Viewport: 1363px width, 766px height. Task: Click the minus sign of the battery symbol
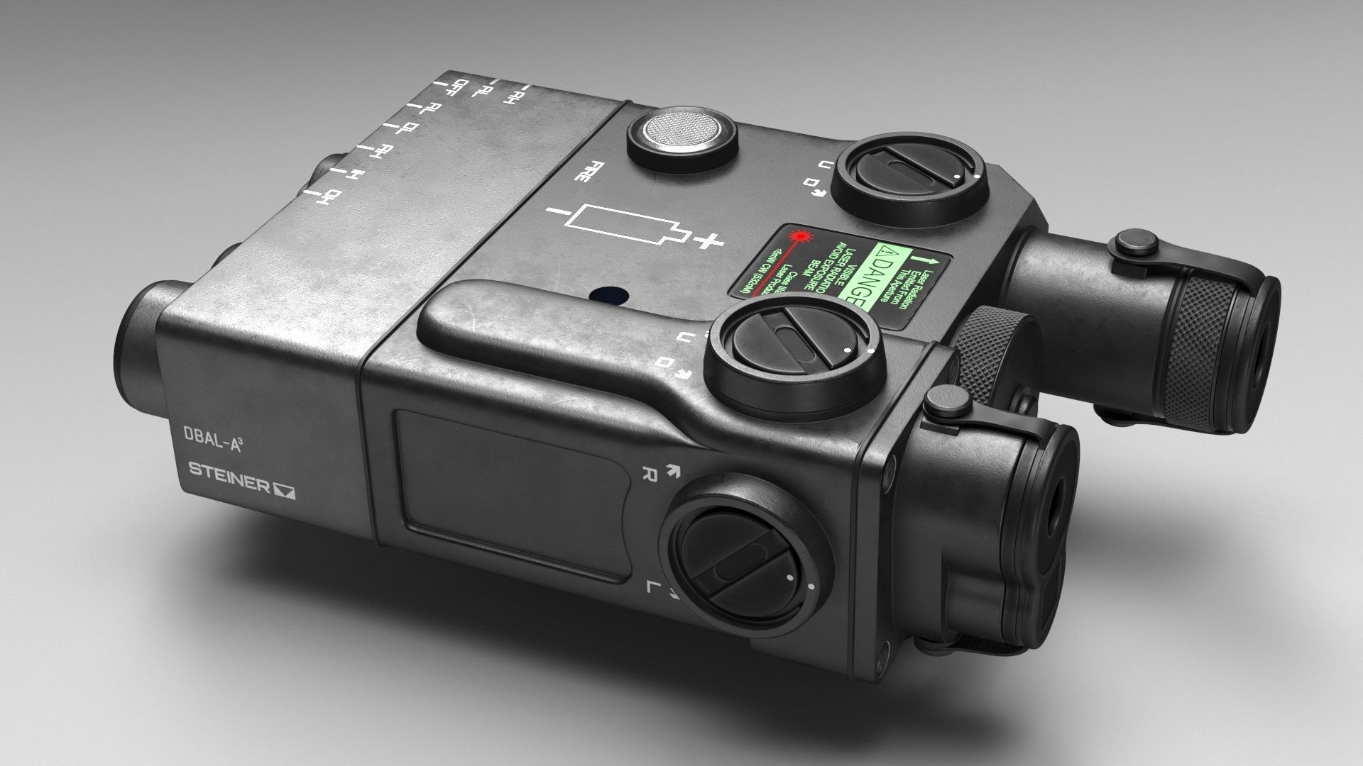tap(557, 211)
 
